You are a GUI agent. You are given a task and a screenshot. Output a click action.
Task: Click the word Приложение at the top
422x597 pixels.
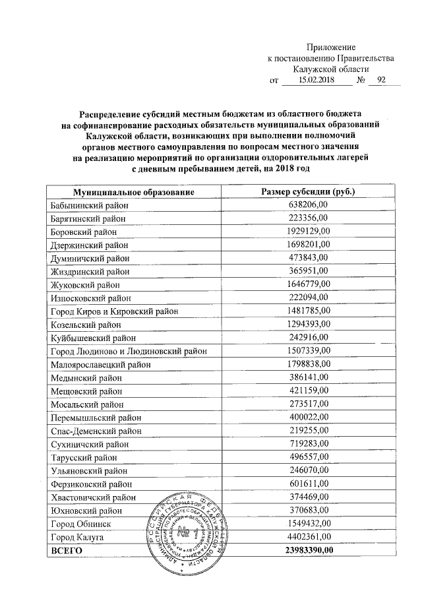pos(330,47)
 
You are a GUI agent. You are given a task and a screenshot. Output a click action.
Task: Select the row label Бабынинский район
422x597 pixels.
pos(88,205)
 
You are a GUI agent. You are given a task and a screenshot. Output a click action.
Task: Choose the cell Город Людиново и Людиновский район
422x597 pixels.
pos(129,350)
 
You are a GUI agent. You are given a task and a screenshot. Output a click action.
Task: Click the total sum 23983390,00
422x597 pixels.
pos(309,550)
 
